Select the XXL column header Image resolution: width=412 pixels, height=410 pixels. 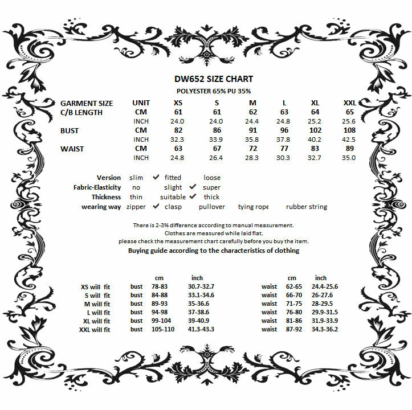[349, 103]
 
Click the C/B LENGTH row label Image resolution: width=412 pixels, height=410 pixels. [81, 112]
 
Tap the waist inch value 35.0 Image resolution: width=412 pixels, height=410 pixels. [349, 158]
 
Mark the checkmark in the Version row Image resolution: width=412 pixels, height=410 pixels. [156, 178]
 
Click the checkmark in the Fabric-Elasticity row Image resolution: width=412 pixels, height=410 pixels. [193, 187]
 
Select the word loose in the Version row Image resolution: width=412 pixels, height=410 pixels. [212, 178]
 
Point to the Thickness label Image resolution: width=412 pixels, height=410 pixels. [106, 197]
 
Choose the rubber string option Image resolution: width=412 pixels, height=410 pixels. [307, 207]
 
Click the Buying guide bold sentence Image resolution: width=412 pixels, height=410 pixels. [214, 251]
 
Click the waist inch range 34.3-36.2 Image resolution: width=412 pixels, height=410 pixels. [324, 329]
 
